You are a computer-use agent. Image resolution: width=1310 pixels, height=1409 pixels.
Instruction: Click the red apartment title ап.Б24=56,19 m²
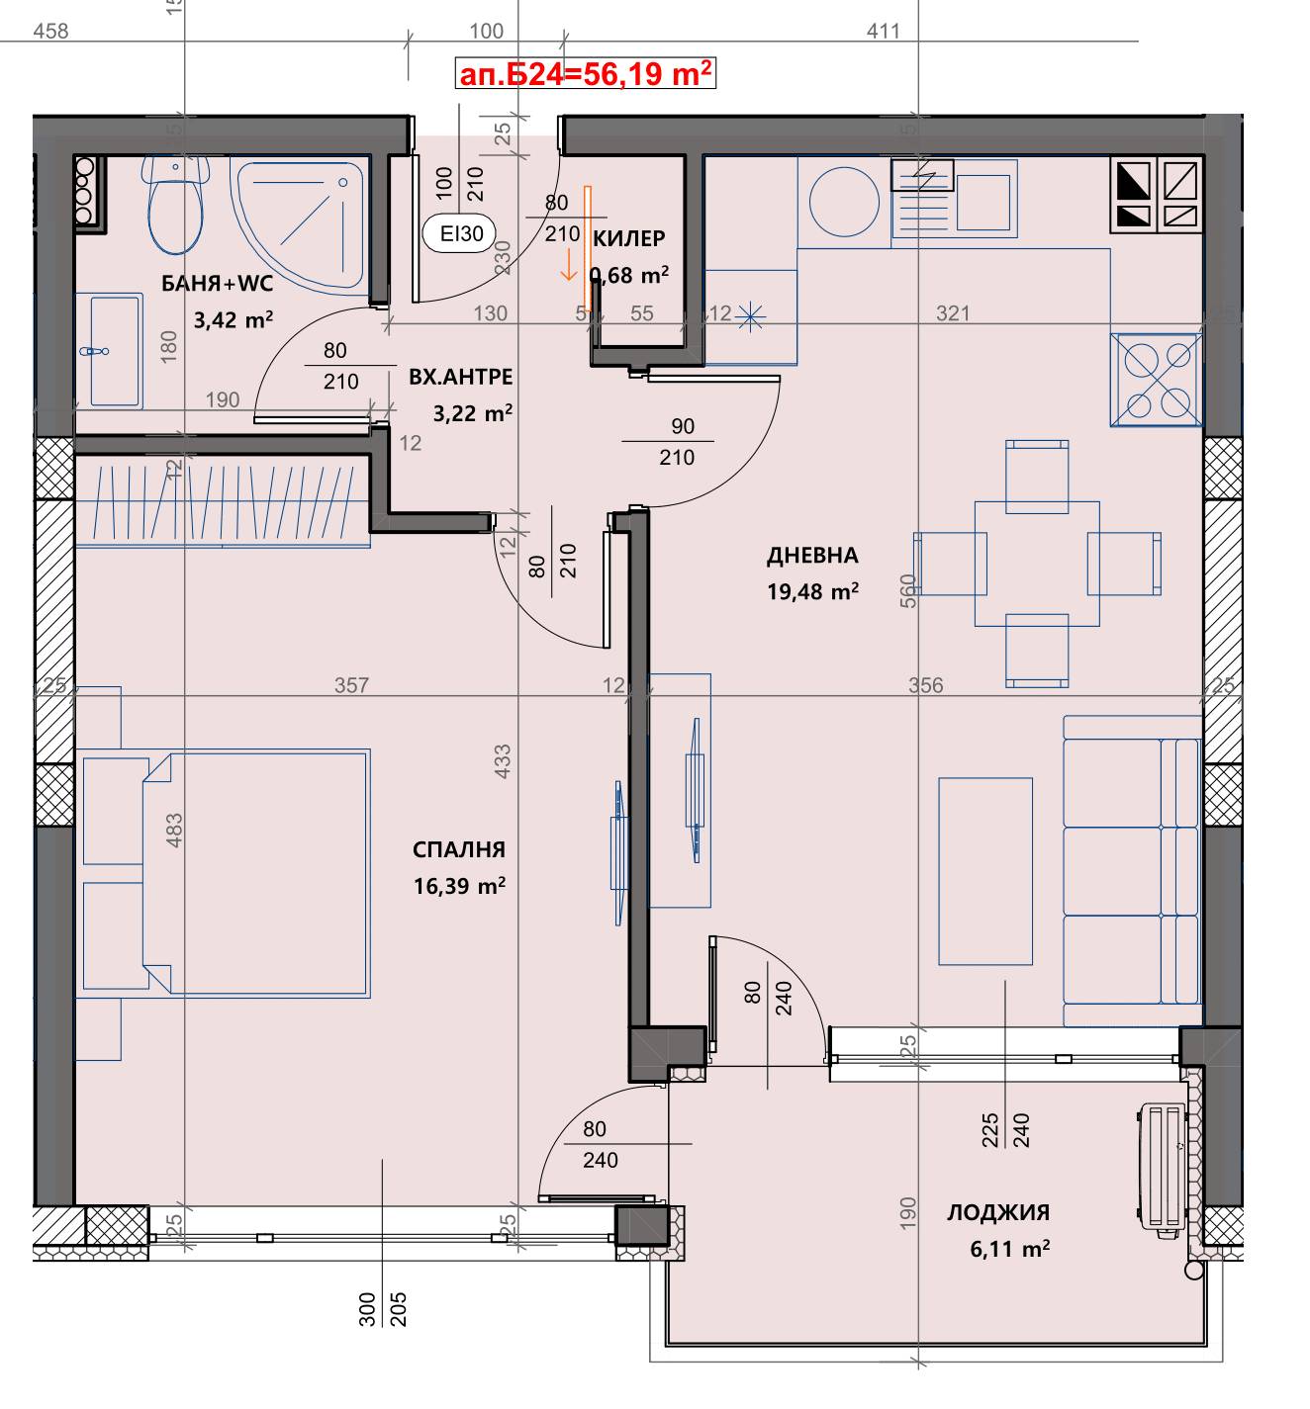pyautogui.click(x=585, y=73)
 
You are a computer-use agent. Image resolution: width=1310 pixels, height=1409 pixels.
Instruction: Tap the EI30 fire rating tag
pyautogui.click(x=461, y=233)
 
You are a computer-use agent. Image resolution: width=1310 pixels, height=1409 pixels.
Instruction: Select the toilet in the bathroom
pyautogui.click(x=175, y=205)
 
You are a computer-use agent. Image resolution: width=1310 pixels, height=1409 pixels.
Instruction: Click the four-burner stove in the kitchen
pyautogui.click(x=1156, y=380)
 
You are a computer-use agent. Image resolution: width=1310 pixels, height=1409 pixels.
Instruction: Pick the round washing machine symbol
pyautogui.click(x=844, y=202)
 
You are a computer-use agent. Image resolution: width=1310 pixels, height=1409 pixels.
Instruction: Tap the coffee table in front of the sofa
pyautogui.click(x=985, y=871)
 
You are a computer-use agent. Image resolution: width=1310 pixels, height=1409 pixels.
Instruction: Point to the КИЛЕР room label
pyautogui.click(x=629, y=238)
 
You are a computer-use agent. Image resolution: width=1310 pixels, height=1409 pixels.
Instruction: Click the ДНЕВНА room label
pyautogui.click(x=812, y=556)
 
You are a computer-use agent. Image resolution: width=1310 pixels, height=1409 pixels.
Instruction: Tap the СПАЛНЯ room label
pyautogui.click(x=459, y=849)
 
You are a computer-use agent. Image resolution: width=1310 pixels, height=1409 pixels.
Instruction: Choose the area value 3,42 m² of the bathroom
pyautogui.click(x=234, y=320)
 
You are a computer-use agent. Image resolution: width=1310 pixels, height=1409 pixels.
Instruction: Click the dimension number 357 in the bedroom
pyautogui.click(x=351, y=684)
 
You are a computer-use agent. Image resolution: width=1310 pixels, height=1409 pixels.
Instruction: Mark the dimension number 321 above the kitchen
pyautogui.click(x=953, y=312)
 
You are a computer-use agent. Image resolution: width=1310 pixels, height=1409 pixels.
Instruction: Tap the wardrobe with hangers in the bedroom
pyautogui.click(x=223, y=501)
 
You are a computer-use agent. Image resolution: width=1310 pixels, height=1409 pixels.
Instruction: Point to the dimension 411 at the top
pyautogui.click(x=884, y=31)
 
